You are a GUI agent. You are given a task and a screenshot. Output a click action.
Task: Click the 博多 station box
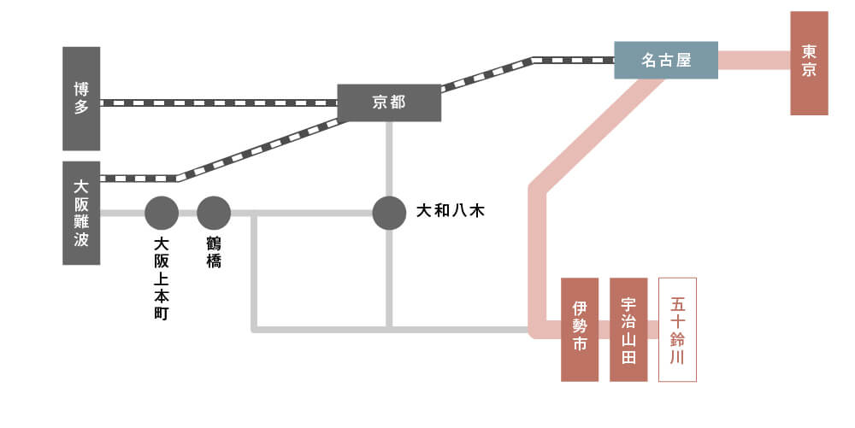pos(81,98)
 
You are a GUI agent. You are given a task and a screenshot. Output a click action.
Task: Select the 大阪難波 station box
pos(81,213)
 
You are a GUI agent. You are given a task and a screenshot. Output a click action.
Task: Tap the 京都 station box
pos(389,103)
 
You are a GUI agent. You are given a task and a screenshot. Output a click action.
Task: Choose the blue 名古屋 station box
pos(666,60)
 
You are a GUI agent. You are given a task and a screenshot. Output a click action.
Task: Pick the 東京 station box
pos(809,63)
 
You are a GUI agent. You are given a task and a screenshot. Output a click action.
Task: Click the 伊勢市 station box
pos(579,329)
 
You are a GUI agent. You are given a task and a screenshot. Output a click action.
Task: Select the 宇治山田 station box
pos(628,329)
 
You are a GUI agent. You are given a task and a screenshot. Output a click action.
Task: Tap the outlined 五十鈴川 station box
pos(677,329)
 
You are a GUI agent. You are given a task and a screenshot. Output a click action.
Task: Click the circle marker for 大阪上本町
pos(162,213)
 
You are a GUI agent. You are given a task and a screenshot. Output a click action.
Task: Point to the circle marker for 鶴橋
pos(214,213)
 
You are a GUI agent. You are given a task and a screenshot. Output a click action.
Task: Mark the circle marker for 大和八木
pos(389,213)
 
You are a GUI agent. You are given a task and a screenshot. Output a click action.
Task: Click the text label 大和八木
pos(450,210)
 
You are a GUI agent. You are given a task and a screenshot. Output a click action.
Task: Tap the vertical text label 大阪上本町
pos(162,278)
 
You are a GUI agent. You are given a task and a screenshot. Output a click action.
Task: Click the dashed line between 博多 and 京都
pos(218,103)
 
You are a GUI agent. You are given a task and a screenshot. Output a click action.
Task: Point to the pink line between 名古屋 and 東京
pos(753,60)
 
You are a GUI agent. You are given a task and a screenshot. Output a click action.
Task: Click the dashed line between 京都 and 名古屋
pos(487,73)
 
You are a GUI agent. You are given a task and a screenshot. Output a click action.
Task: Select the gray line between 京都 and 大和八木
pos(389,158)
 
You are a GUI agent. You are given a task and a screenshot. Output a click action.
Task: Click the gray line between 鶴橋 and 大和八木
pos(308,213)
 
